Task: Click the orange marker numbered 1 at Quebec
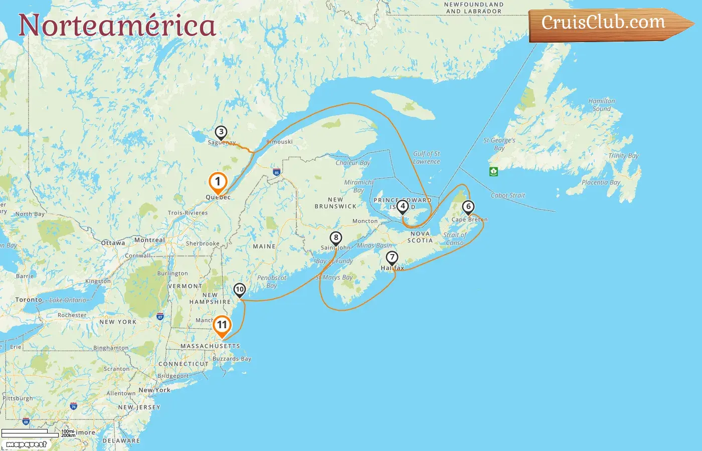pyautogui.click(x=218, y=182)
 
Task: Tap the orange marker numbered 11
pyautogui.click(x=222, y=325)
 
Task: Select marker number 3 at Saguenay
pyautogui.click(x=221, y=132)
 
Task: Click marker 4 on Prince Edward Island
pyautogui.click(x=402, y=206)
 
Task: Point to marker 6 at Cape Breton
pyautogui.click(x=468, y=206)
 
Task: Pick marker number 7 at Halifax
pyautogui.click(x=392, y=258)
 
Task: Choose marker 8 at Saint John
pyautogui.click(x=336, y=238)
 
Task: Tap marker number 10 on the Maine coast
pyautogui.click(x=240, y=289)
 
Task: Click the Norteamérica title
pyautogui.click(x=117, y=25)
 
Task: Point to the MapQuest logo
pyautogui.click(x=26, y=444)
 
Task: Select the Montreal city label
pyautogui.click(x=149, y=240)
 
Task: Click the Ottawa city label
pyautogui.click(x=113, y=243)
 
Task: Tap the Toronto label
pyautogui.click(x=29, y=300)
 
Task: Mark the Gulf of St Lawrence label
pyautogui.click(x=426, y=157)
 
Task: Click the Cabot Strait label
pyautogui.click(x=507, y=195)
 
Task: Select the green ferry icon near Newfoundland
pyautogui.click(x=493, y=171)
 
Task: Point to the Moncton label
pyautogui.click(x=365, y=221)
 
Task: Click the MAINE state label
pyautogui.click(x=264, y=247)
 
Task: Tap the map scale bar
pyautogui.click(x=30, y=433)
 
